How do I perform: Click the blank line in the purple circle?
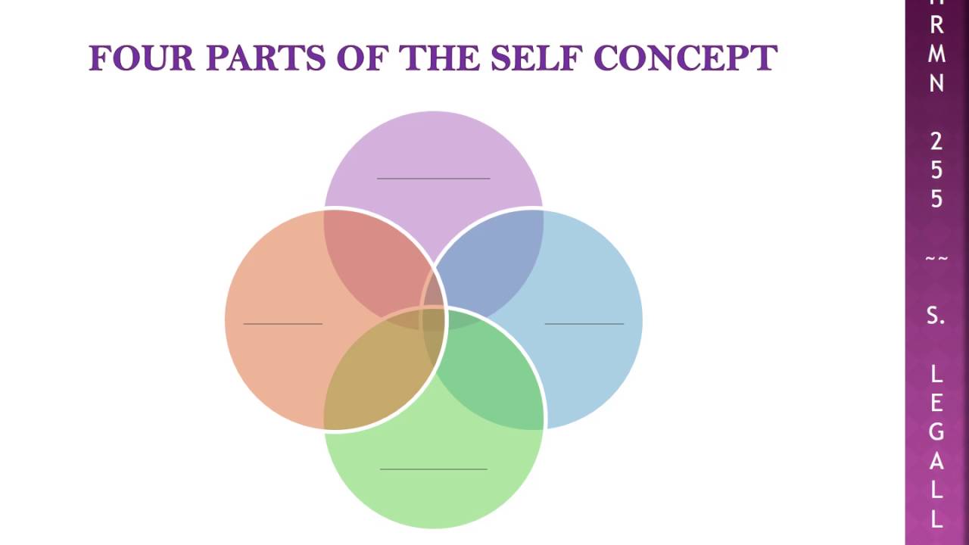click(x=433, y=179)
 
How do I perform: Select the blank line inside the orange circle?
click(x=282, y=324)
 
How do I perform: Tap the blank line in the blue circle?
click(x=584, y=324)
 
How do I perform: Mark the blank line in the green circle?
click(x=433, y=469)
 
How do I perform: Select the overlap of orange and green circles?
click(x=375, y=375)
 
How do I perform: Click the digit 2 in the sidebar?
click(x=936, y=141)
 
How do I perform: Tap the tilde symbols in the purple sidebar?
click(x=936, y=259)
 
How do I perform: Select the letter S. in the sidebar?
click(x=936, y=316)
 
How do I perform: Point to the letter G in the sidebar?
click(x=936, y=431)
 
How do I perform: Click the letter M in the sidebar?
click(x=936, y=54)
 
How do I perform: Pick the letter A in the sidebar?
click(x=936, y=460)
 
